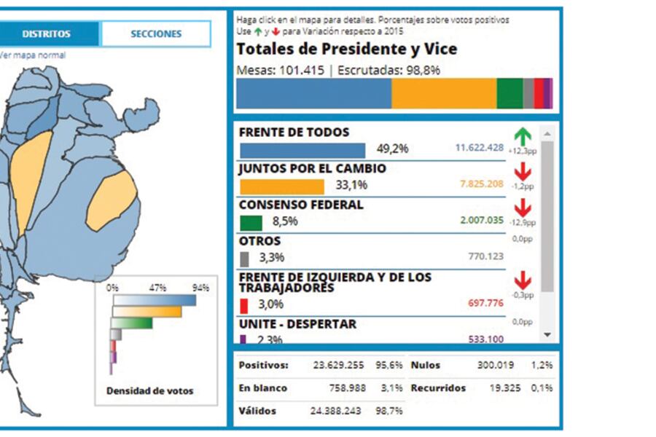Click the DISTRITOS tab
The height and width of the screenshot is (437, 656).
tap(46, 34)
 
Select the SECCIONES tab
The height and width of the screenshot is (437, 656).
tap(155, 34)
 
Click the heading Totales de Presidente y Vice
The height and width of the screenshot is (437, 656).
tap(347, 50)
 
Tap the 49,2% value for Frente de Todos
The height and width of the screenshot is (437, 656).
tap(392, 149)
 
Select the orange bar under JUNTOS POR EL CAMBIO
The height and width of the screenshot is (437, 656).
tap(281, 186)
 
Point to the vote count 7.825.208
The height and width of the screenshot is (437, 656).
tap(481, 184)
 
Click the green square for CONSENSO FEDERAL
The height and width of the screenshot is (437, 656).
tap(251, 222)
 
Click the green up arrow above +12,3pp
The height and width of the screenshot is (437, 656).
tap(522, 135)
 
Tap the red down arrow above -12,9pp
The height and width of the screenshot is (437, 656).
tap(522, 208)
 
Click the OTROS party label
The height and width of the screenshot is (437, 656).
tap(259, 241)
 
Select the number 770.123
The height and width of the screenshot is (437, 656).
tap(485, 256)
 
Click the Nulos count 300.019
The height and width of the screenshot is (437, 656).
tap(496, 365)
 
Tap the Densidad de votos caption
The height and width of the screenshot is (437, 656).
tap(150, 391)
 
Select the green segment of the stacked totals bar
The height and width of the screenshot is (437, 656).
tap(509, 94)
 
